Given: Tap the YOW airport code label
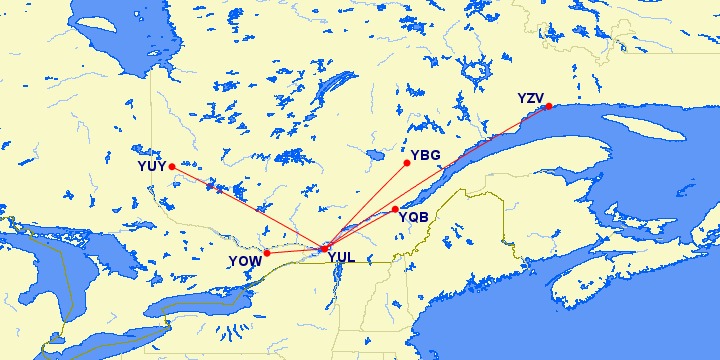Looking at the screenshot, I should click(245, 261).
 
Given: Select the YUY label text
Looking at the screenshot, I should click(152, 166).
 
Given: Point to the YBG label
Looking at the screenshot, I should click(426, 156).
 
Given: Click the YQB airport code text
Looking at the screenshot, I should click(414, 216).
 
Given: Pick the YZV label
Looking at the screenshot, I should click(531, 98).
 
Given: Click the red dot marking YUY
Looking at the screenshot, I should click(172, 167).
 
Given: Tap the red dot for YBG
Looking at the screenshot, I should click(407, 162).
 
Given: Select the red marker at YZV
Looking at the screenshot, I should click(548, 107).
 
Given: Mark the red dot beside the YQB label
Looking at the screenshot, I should click(395, 209).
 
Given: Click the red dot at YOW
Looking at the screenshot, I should click(266, 253).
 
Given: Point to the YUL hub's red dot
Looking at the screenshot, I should click(324, 247).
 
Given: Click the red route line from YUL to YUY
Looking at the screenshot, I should click(248, 207).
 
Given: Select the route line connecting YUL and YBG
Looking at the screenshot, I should click(366, 204).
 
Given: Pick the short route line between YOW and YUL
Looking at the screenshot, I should click(295, 250).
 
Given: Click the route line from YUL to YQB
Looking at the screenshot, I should click(360, 228).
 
